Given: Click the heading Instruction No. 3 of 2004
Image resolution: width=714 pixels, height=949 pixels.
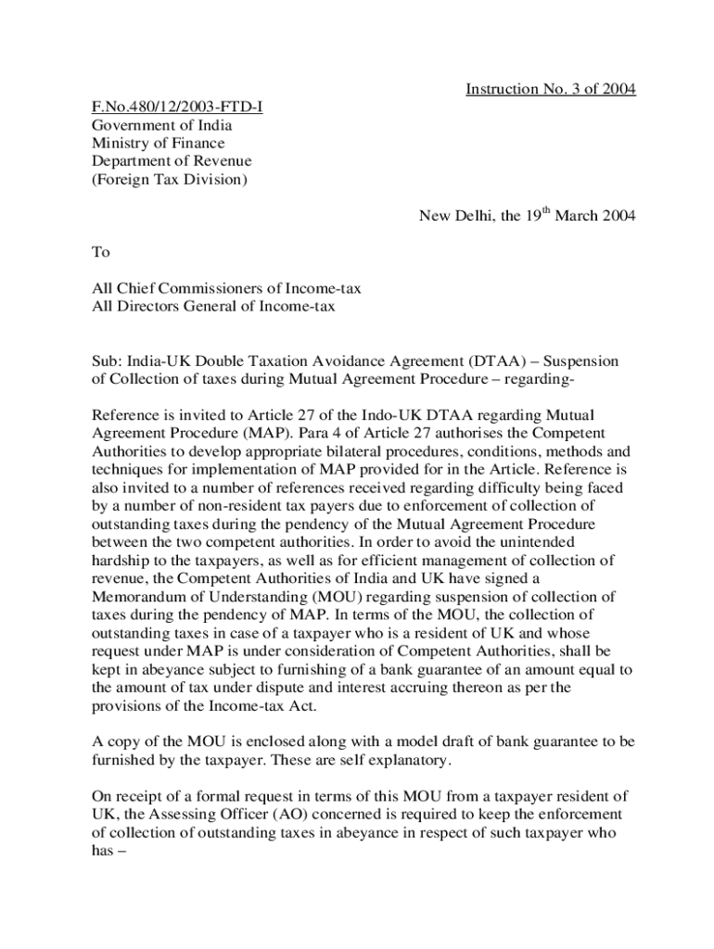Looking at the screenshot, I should (x=550, y=89).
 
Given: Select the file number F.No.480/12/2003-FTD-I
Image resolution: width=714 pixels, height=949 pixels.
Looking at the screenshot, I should (x=176, y=108).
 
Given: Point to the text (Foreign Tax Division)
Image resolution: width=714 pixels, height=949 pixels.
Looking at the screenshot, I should (x=169, y=180).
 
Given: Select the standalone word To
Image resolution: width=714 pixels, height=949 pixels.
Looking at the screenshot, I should (x=100, y=252).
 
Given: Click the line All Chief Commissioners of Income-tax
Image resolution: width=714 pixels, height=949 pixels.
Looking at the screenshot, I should (x=226, y=288).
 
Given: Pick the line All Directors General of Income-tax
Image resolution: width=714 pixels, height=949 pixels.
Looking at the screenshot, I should (x=213, y=306).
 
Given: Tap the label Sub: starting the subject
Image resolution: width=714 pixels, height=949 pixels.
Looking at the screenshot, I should (x=107, y=361).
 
